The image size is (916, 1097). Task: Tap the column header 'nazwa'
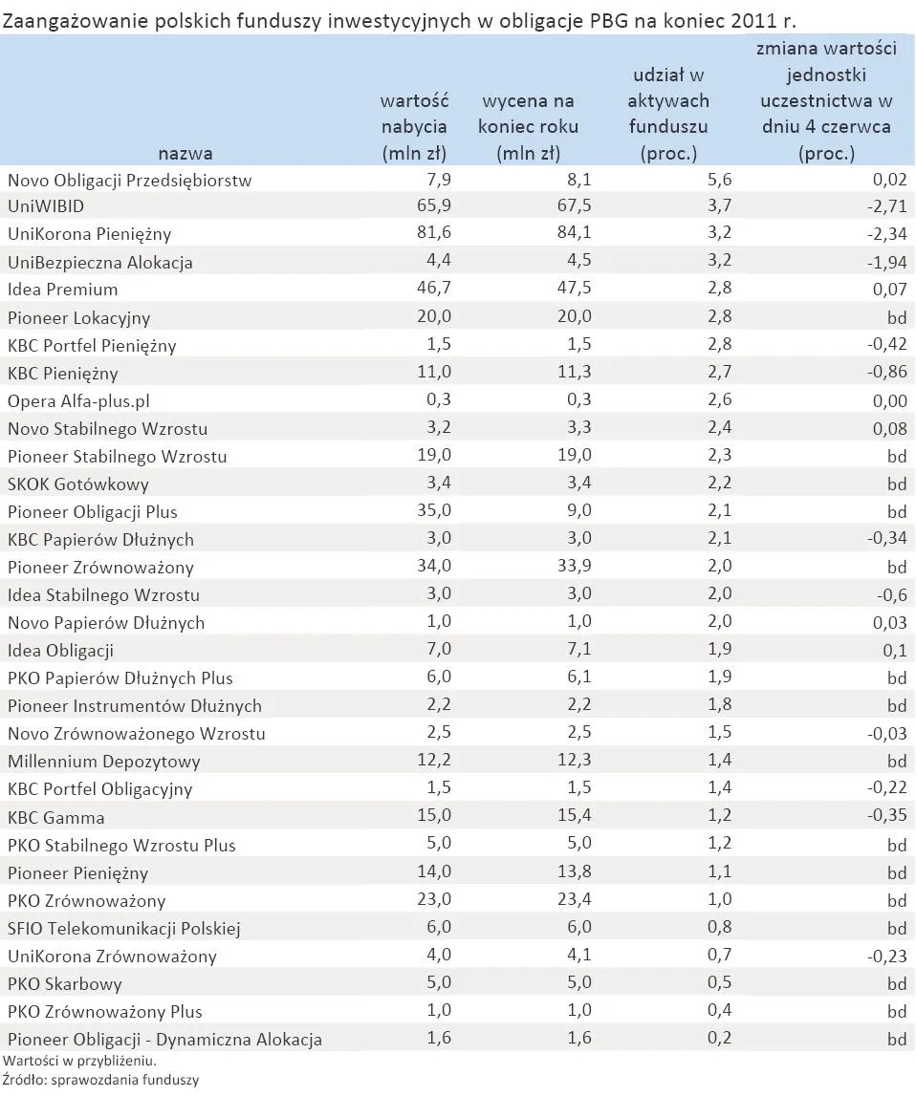(x=185, y=153)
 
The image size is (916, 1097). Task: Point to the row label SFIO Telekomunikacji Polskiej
(x=123, y=928)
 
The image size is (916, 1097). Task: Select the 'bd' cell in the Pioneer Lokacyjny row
(x=896, y=317)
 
